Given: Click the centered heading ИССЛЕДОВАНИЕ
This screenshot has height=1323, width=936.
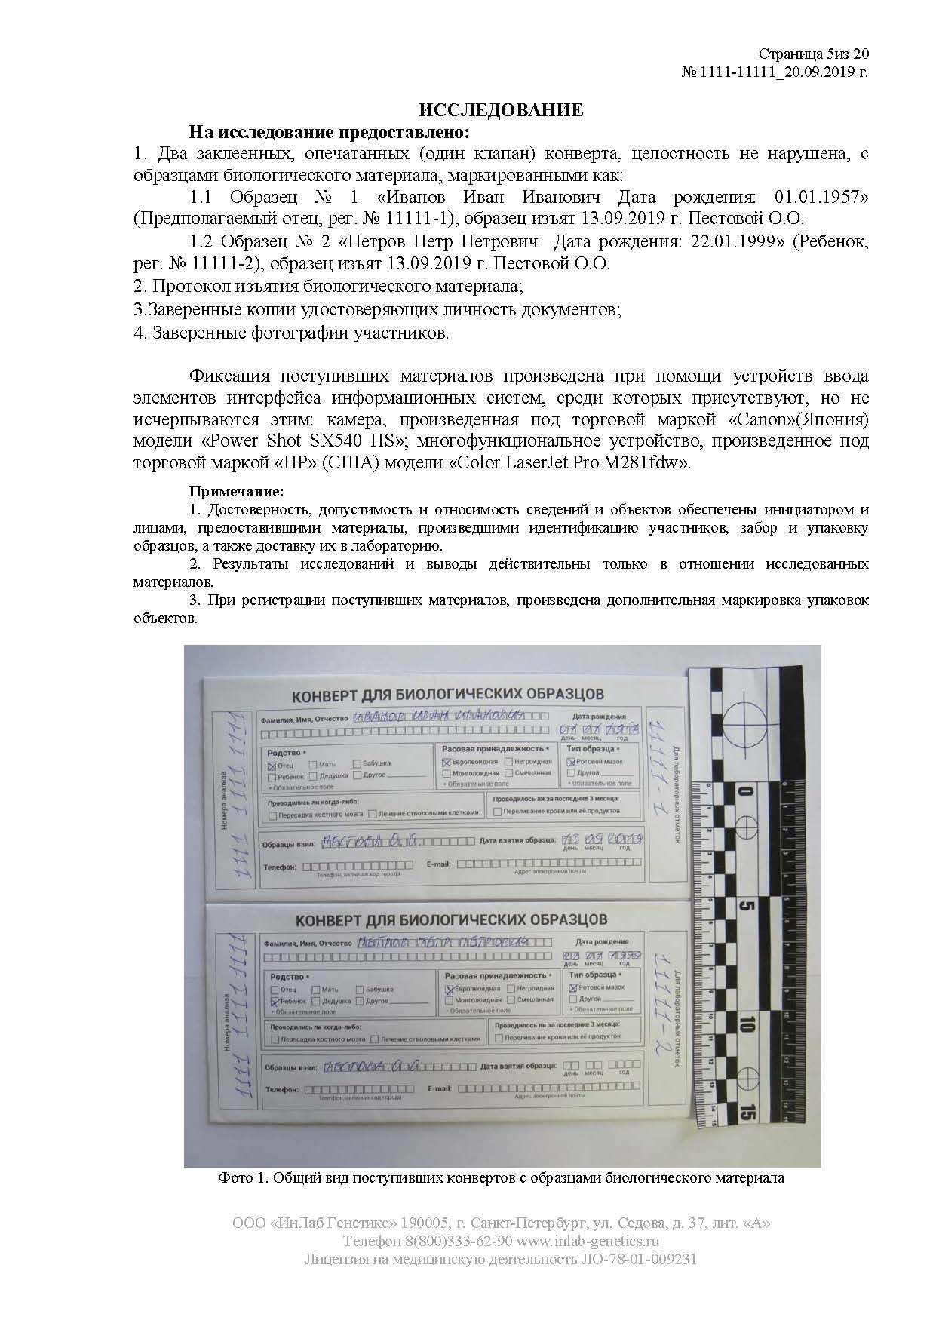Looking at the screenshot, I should click(501, 110).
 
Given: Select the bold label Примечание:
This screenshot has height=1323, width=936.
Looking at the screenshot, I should click(235, 492).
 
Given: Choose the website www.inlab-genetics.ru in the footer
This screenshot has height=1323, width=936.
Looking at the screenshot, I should click(589, 1241).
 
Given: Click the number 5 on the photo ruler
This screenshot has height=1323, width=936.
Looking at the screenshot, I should click(744, 906).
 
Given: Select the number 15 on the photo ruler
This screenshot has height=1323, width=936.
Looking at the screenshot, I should click(746, 1110).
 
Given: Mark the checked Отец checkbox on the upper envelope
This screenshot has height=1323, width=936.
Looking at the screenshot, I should click(272, 766).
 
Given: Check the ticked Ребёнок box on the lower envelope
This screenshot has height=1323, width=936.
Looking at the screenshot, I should click(275, 1001).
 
